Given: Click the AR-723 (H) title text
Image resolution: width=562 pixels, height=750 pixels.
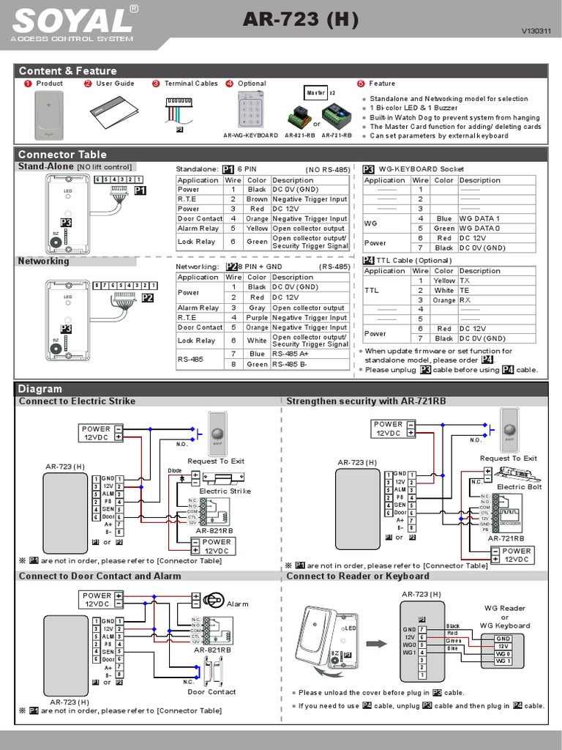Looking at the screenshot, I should coord(301,21).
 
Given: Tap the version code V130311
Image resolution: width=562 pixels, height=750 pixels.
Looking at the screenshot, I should coord(534,31).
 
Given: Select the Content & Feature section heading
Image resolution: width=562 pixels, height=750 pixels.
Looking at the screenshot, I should coord(67,70).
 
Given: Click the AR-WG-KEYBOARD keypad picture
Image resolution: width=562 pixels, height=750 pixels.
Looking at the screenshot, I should coord(250,112).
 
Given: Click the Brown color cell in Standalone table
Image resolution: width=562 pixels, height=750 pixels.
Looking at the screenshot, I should coord(257,199).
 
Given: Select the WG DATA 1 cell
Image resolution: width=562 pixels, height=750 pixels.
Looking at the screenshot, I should coord(479,219).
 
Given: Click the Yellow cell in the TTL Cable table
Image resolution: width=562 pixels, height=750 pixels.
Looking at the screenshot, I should coord(443,281).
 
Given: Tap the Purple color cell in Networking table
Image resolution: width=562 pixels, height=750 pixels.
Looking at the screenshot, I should coord(257,318).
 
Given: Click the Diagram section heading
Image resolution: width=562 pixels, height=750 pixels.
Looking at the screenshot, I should coord(40,388).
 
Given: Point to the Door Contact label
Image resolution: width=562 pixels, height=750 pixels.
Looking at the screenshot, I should coord(211,691).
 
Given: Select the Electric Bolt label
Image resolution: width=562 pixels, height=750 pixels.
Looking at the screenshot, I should coord(519,486).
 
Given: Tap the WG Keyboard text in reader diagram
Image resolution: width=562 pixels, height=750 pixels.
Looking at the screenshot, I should coord(504,625).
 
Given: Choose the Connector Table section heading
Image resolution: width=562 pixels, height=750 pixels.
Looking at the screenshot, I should coord(62,154).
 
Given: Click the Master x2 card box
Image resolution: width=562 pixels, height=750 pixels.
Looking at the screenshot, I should coord(317,93).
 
